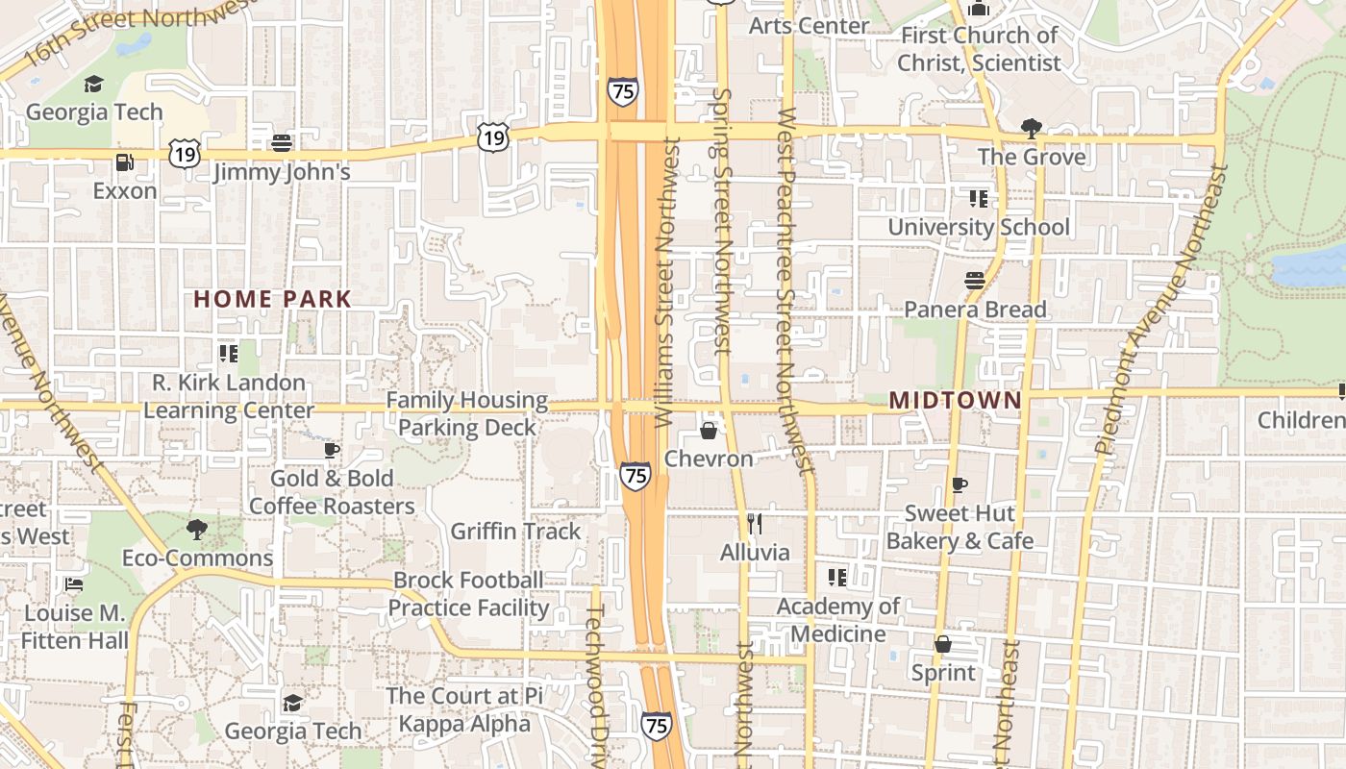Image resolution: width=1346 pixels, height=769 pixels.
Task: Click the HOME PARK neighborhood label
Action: tap(273, 299)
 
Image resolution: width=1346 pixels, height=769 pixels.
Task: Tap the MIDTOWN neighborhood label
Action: tap(955, 400)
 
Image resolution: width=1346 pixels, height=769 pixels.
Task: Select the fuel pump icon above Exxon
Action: tap(124, 162)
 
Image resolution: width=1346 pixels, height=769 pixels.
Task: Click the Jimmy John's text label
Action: tap(282, 172)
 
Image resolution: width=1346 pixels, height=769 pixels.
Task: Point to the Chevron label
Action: tap(709, 459)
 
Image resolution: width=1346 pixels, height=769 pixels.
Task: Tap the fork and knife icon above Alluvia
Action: tap(755, 523)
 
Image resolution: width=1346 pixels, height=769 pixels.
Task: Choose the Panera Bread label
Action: tap(975, 310)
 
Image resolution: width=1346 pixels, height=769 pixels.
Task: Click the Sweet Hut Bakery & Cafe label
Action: tap(960, 527)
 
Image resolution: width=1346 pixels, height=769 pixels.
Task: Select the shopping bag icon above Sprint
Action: tap(943, 644)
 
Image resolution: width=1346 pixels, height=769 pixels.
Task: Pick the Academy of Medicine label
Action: tap(837, 620)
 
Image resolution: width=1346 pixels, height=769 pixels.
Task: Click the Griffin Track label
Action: tap(515, 531)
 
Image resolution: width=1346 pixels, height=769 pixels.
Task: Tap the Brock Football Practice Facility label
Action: tap(468, 594)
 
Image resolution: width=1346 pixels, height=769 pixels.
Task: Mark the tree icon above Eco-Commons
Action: tap(197, 529)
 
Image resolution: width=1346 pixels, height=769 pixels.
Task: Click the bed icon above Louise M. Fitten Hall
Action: tap(73, 584)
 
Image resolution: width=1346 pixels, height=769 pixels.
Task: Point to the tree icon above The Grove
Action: tap(1032, 128)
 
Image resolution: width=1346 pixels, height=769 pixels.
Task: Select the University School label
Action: tap(978, 227)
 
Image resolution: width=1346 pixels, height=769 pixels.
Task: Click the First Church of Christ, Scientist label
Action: tap(979, 49)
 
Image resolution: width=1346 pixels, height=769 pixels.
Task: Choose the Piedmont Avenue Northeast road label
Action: tap(1159, 308)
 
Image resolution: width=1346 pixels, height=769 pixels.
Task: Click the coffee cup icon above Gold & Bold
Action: tap(332, 450)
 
